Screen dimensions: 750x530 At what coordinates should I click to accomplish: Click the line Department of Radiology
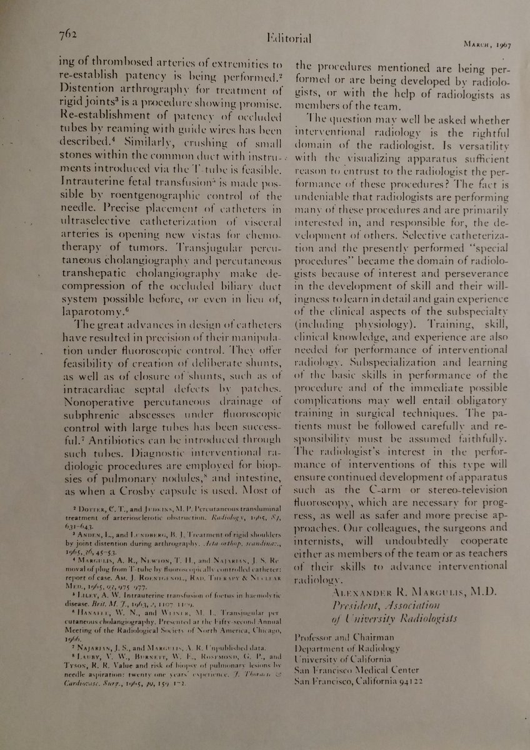pyautogui.click(x=346, y=648)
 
